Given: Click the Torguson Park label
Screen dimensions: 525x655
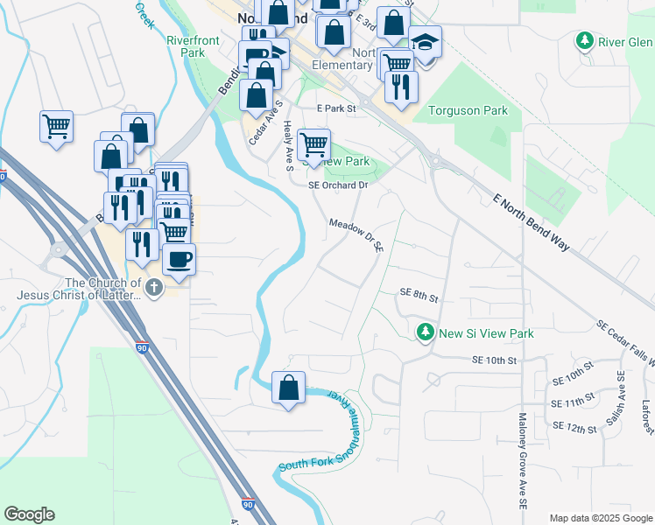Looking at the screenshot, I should click(468, 111).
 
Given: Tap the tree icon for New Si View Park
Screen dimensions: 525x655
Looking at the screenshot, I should click(425, 332).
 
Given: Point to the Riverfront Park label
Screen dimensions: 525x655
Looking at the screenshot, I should click(185, 46).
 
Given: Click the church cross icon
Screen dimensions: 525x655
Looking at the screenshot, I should click(154, 288).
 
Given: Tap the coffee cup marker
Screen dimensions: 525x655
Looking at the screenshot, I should click(179, 260).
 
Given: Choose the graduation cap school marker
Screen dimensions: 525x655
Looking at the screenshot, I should click(426, 43).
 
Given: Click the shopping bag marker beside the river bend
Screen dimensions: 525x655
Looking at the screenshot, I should click(289, 387).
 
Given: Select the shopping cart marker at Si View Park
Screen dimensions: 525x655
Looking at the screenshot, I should click(313, 143).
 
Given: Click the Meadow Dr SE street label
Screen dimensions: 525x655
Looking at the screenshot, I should click(356, 235).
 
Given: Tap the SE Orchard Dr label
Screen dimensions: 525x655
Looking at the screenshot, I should click(338, 185).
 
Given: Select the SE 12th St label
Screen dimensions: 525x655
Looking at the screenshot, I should click(574, 426).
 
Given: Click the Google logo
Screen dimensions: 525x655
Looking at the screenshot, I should click(29, 514).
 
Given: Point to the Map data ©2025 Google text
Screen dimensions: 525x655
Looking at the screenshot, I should click(600, 517).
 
